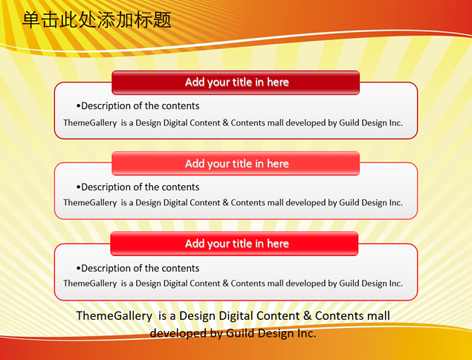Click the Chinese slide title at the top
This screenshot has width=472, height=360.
[97, 20]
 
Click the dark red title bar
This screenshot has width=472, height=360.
[236, 83]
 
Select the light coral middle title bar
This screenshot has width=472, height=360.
[236, 164]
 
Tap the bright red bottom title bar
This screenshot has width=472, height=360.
[234, 244]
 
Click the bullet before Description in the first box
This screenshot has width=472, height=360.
[78, 106]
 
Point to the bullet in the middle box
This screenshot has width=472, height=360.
[78, 187]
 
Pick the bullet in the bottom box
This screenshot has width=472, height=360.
[78, 269]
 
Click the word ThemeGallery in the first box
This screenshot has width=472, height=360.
[90, 123]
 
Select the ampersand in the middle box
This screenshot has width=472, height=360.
[225, 203]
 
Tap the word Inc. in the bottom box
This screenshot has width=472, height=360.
[396, 283]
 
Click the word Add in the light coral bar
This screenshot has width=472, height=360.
[195, 164]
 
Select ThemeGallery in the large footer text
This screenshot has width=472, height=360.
[114, 316]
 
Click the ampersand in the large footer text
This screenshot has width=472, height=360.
[307, 316]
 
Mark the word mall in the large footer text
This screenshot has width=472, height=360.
[378, 316]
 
